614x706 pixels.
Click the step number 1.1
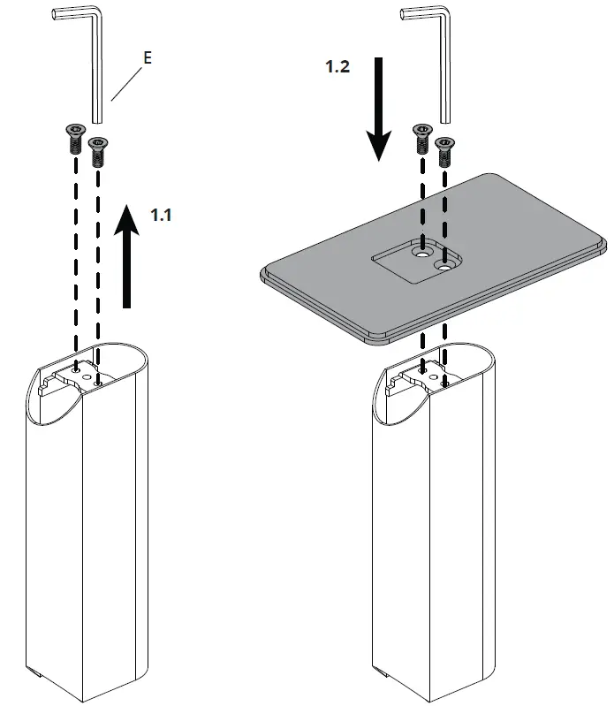click(x=161, y=215)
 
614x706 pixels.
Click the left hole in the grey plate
click(x=420, y=253)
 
